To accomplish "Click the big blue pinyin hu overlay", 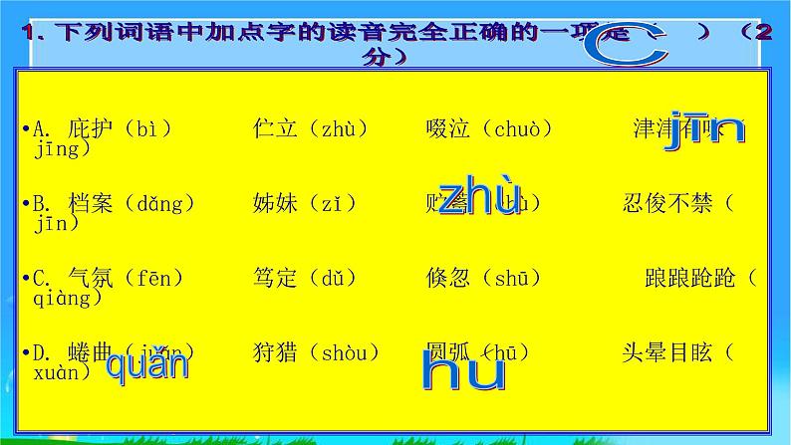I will [462, 370].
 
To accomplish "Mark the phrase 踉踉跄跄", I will [689, 278].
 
